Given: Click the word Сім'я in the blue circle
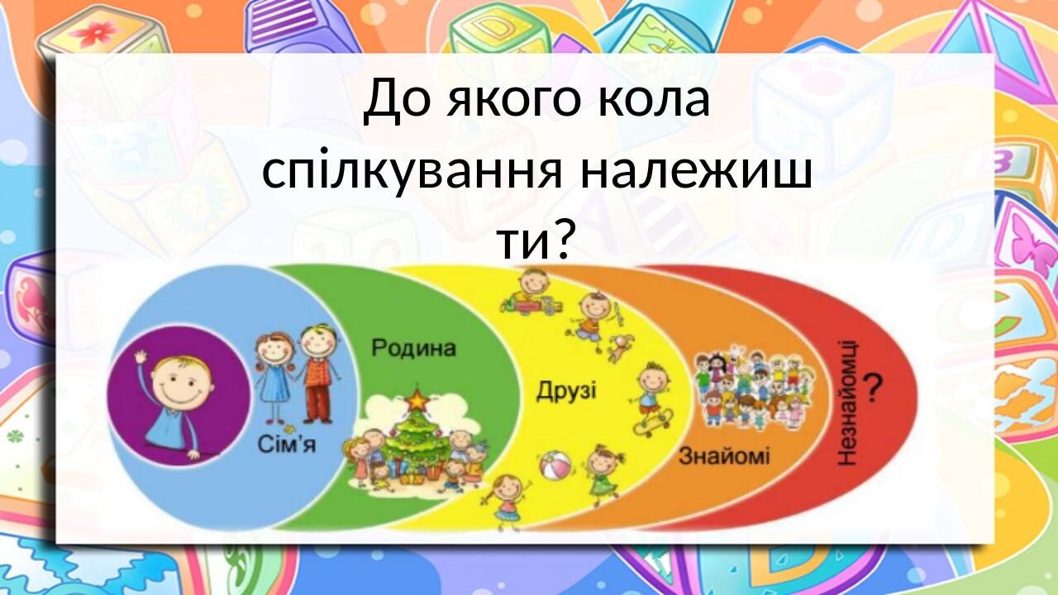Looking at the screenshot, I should point(287,446).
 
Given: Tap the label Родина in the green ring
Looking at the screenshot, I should point(413,348).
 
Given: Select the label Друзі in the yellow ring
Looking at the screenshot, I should point(566,390).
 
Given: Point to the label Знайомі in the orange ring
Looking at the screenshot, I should point(724,456).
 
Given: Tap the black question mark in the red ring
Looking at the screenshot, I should point(873,387).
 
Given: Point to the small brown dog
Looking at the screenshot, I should point(618,347).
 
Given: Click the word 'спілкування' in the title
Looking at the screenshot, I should point(413,171).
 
